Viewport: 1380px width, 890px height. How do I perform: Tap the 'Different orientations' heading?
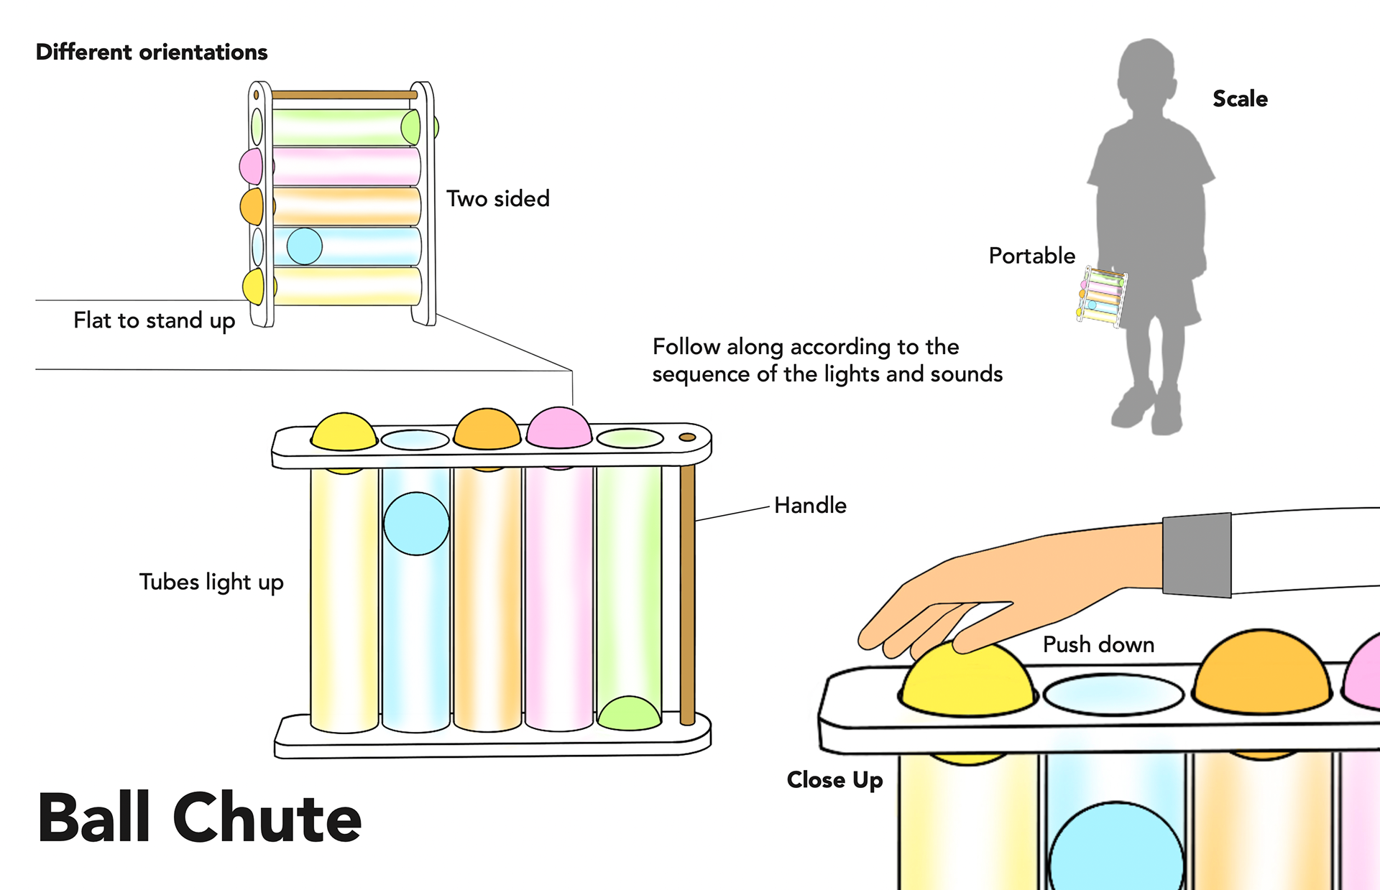pyautogui.click(x=152, y=52)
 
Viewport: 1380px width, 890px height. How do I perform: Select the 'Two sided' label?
pyautogui.click(x=497, y=199)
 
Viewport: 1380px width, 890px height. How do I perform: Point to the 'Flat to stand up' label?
pyautogui.click(x=154, y=320)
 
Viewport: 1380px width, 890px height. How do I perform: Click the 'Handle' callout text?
pyautogui.click(x=810, y=506)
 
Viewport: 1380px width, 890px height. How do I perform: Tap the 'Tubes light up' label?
pyautogui.click(x=211, y=582)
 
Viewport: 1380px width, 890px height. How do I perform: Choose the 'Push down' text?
pyautogui.click(x=1098, y=644)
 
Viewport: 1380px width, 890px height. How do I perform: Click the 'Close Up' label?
pyautogui.click(x=834, y=780)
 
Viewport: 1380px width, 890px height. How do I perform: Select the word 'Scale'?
pyautogui.click(x=1240, y=99)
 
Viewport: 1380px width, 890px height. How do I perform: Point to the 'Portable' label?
pyautogui.click(x=1031, y=256)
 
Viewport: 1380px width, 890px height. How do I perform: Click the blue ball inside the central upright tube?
pyautogui.click(x=416, y=524)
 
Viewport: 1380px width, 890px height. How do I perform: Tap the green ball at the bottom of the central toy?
pyautogui.click(x=629, y=713)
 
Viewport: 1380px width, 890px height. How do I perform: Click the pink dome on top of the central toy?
pyautogui.click(x=559, y=427)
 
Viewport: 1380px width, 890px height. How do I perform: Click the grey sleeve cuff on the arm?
pyautogui.click(x=1197, y=555)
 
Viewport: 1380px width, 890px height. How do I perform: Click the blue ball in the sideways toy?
pyautogui.click(x=305, y=246)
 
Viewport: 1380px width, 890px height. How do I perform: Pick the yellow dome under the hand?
pyautogui.click(x=967, y=682)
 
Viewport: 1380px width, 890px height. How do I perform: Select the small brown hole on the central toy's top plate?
pyautogui.click(x=687, y=437)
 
